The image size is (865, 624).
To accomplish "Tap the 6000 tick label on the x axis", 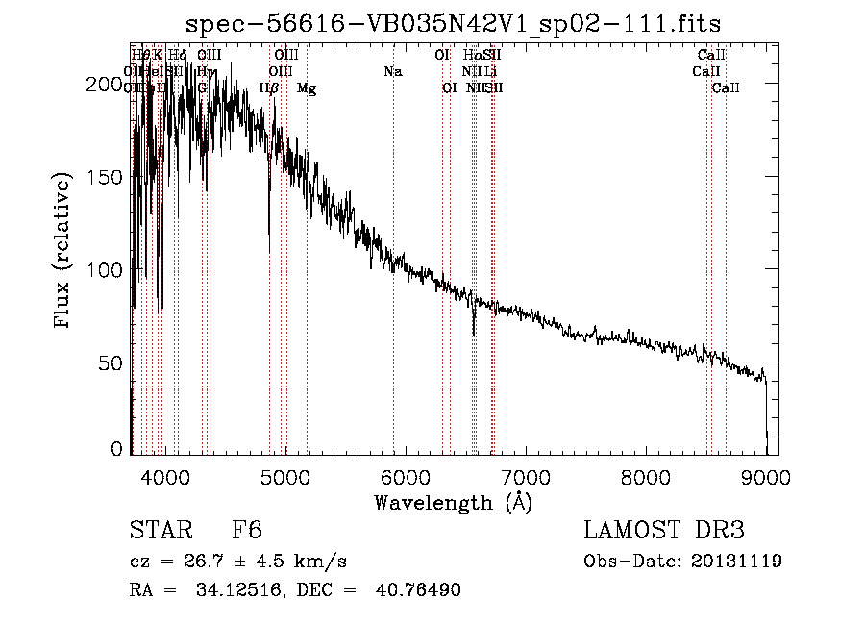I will click(x=406, y=474).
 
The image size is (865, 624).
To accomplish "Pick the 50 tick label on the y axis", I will click(x=112, y=362).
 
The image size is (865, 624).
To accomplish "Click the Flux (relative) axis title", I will click(x=64, y=252).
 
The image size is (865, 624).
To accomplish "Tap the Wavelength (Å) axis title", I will click(x=453, y=502).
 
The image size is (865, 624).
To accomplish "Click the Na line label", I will click(x=392, y=71).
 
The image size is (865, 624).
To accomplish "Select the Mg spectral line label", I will click(x=307, y=88).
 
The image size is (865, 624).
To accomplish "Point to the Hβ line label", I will click(x=269, y=88).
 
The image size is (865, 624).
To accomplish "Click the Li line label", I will click(x=490, y=71).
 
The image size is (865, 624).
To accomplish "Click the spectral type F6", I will click(x=247, y=531).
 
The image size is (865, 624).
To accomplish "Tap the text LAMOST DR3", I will click(x=663, y=531).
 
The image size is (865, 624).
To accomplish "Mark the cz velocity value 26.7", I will click(x=194, y=561).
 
